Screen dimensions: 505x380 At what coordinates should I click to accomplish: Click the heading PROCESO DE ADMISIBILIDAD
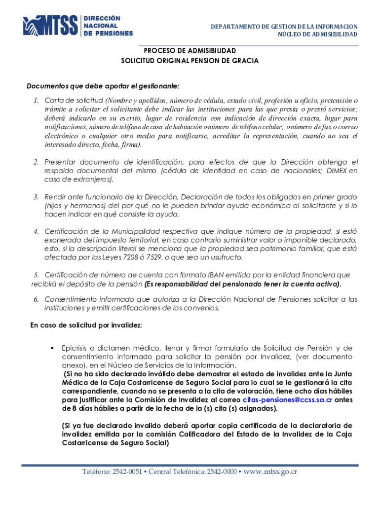(x=190, y=51)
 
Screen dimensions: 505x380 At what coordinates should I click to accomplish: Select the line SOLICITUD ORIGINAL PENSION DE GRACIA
(x=190, y=61)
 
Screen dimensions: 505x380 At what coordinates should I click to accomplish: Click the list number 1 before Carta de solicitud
(x=36, y=101)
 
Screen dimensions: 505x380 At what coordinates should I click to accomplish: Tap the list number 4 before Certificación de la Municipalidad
(x=36, y=232)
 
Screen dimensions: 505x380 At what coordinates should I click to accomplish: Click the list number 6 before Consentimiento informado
(x=36, y=300)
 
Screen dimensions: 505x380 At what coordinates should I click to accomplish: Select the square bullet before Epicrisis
(x=51, y=348)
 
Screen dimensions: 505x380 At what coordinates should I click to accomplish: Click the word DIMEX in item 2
(x=339, y=171)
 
